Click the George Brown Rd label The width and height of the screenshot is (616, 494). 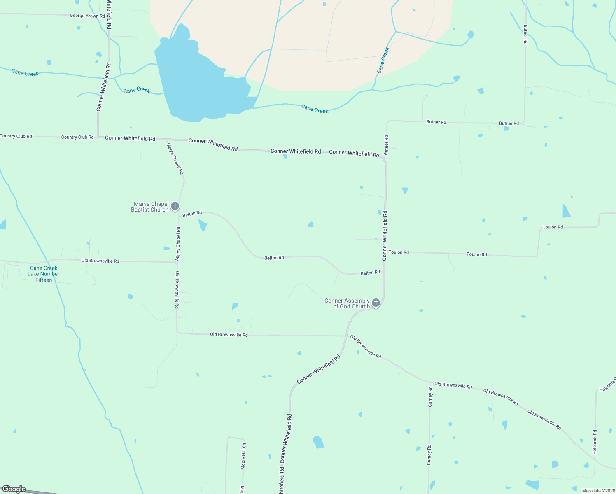(x=87, y=16)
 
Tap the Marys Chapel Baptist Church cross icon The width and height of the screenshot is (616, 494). (x=175, y=206)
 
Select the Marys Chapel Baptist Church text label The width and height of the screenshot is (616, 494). (x=150, y=207)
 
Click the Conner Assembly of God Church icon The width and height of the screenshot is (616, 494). (x=376, y=303)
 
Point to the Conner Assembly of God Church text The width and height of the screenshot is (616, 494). (x=348, y=303)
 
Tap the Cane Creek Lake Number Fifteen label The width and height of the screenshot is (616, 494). (x=44, y=274)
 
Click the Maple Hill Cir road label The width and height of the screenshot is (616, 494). (x=243, y=456)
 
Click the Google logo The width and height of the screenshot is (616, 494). (x=14, y=489)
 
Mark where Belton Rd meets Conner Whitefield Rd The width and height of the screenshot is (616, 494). (x=384, y=271)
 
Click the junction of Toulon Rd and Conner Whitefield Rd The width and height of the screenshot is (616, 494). (x=385, y=252)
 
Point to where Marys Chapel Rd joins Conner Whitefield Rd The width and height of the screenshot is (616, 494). (x=166, y=140)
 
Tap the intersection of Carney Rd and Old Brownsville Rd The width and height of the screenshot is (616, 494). (x=430, y=382)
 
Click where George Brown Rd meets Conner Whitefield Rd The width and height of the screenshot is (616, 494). (x=109, y=16)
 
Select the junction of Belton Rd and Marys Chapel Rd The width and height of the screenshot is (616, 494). (x=179, y=213)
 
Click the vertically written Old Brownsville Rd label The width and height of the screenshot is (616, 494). (x=177, y=290)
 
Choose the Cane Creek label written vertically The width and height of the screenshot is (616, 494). (x=383, y=60)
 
